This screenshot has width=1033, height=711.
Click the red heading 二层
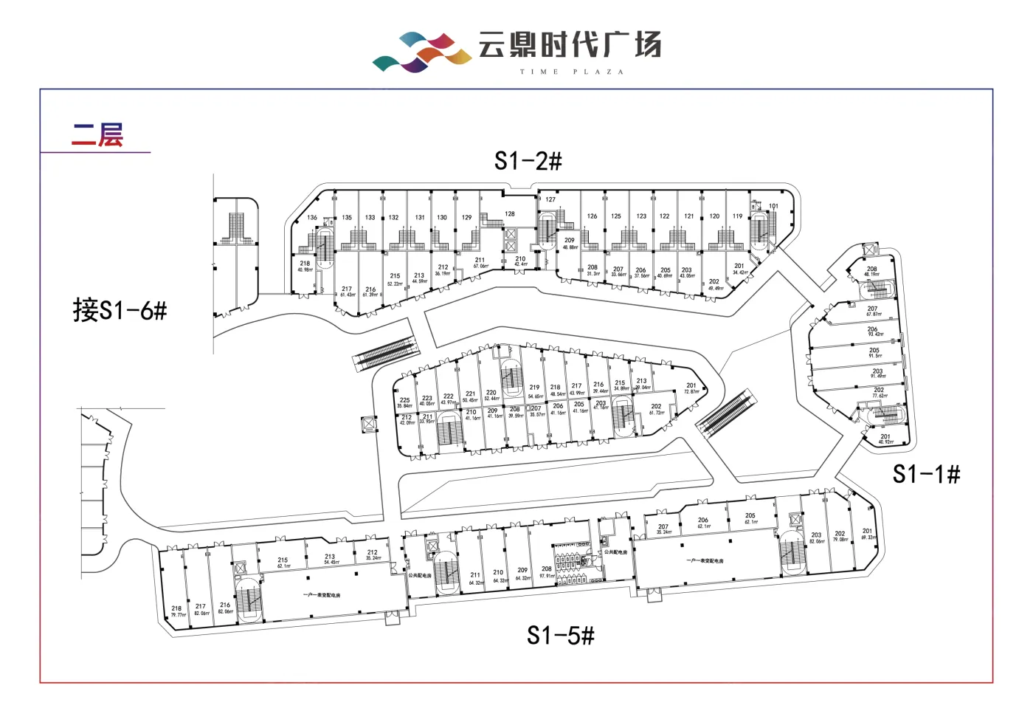point(97,135)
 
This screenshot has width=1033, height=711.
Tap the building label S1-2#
point(528,160)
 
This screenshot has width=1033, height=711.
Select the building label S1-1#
point(926,473)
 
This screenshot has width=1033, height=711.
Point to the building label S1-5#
point(560,635)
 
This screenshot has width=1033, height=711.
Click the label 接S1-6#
point(120,310)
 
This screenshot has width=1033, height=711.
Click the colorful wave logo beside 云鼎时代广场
point(421,52)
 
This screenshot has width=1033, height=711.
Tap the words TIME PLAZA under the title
point(572,72)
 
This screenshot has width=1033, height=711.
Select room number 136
point(312,218)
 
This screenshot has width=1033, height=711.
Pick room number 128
point(510,214)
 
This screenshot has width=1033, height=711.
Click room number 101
point(773,206)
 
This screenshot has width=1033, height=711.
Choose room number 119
point(738,216)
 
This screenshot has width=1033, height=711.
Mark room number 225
point(404,400)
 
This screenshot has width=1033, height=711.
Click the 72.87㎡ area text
point(691,392)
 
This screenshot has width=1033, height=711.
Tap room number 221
point(470,394)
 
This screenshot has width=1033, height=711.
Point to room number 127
point(550,199)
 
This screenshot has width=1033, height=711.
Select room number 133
point(370,218)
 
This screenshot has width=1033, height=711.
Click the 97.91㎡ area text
point(546,576)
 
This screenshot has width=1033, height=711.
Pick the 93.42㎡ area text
point(875,335)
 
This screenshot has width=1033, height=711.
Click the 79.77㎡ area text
point(178,615)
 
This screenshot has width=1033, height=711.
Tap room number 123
point(641,216)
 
